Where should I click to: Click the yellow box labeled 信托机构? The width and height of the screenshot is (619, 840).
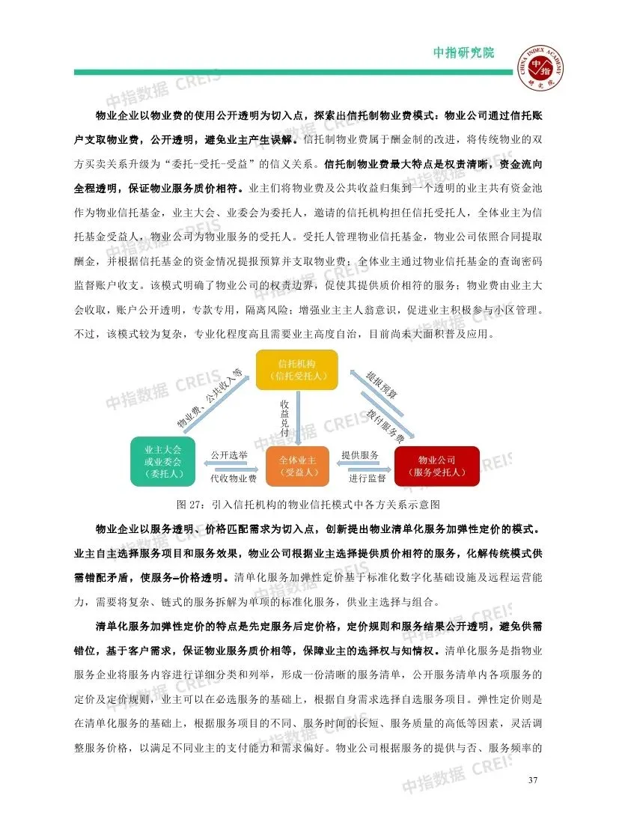[296, 369]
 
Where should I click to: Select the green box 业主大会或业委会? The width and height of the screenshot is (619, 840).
[162, 460]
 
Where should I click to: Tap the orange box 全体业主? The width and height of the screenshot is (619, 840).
[297, 466]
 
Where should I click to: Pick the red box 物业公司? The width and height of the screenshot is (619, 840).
[436, 466]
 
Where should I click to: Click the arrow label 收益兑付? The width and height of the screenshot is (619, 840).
[285, 419]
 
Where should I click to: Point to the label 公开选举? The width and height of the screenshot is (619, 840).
[229, 455]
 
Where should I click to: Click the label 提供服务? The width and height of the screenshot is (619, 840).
[360, 455]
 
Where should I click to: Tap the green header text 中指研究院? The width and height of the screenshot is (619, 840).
[464, 53]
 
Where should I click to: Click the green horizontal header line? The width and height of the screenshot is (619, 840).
[292, 72]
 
